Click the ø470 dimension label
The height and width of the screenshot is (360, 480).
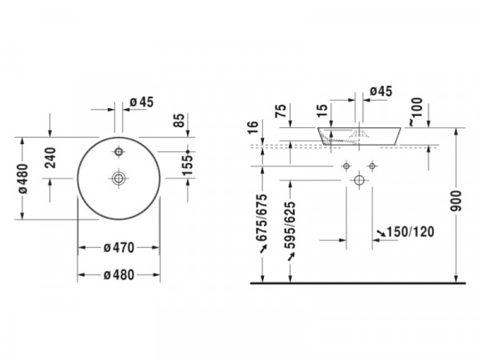pos(119,248)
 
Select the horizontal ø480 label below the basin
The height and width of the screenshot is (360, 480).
pos(119,275)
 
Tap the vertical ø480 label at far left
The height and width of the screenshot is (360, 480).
pos(23,178)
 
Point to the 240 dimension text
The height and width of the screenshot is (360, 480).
pos(50,158)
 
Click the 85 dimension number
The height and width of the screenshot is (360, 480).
pos(179,120)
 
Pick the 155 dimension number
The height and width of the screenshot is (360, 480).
pos(188,166)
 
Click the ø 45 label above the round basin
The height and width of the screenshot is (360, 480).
pos(142,102)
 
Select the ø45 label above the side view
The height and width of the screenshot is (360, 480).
pos(381,91)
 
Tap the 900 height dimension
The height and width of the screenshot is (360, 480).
pos(456,201)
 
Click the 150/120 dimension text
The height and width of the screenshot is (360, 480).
pos(410,232)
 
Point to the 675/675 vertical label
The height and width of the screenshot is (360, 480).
pos(262,218)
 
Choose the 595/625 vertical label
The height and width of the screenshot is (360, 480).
pos(290,225)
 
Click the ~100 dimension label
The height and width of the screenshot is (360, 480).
pos(416,111)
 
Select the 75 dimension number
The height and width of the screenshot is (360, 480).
pos(281,110)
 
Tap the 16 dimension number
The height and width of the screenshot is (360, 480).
pos(253,127)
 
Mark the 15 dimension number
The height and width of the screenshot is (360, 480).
pos(322,110)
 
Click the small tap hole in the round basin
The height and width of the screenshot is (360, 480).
pos(118,151)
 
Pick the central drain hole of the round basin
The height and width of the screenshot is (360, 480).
pos(118,178)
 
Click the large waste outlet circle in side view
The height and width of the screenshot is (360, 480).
pos(359,180)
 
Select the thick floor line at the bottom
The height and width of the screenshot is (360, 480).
pos(358,283)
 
